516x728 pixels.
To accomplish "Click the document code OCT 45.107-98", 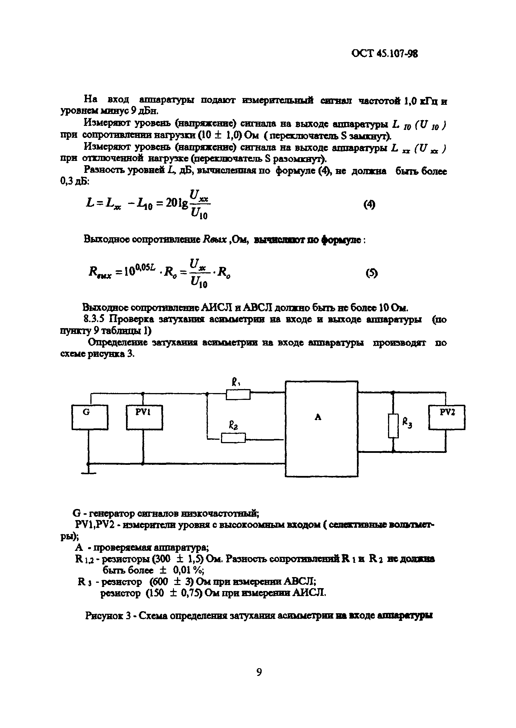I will (x=385, y=54).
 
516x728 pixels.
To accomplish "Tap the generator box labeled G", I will (x=90, y=417).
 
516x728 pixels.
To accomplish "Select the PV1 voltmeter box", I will (x=144, y=417).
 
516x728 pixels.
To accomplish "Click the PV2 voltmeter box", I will (x=446, y=417).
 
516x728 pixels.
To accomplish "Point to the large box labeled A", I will (x=321, y=429).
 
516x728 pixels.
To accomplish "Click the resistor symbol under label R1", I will (x=238, y=394).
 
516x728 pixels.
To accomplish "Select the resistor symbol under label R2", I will (x=233, y=438).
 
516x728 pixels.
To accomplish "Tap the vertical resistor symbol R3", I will (x=393, y=426).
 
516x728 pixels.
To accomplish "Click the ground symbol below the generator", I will (x=88, y=472).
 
